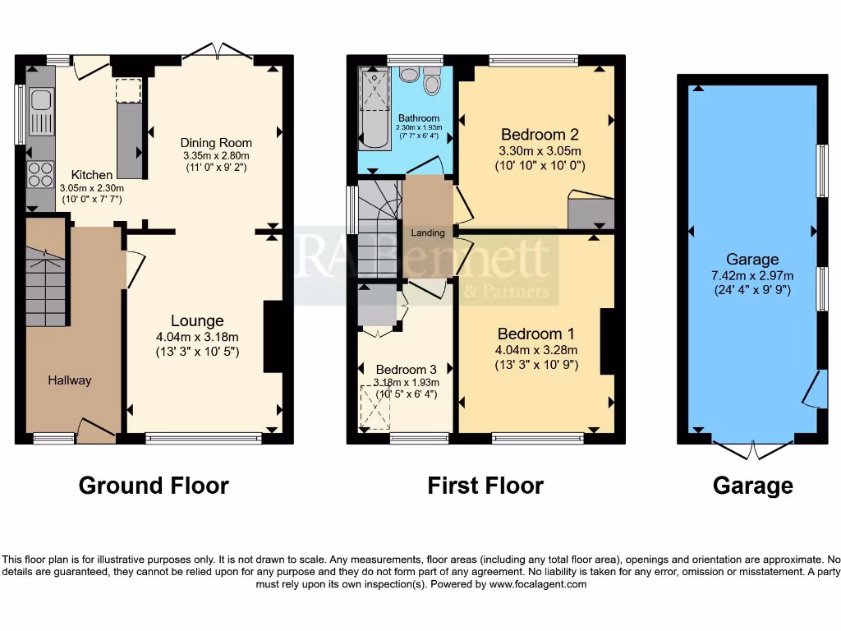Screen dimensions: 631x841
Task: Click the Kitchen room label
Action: coord(92,175)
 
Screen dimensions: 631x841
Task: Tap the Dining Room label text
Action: coord(216,143)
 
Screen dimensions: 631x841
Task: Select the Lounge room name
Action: coord(197,320)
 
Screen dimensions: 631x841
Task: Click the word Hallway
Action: coord(70,380)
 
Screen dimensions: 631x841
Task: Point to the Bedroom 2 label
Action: coord(534,135)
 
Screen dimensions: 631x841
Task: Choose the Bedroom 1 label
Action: coord(537,334)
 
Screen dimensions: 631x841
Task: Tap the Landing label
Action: coord(428,233)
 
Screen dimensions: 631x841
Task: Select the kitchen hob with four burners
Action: coord(39,174)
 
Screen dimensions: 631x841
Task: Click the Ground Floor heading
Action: coord(154,486)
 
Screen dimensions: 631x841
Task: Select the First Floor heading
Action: coord(485,486)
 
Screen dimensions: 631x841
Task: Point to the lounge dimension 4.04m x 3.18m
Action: coord(197,337)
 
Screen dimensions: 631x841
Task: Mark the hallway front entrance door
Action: coord(96,430)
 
